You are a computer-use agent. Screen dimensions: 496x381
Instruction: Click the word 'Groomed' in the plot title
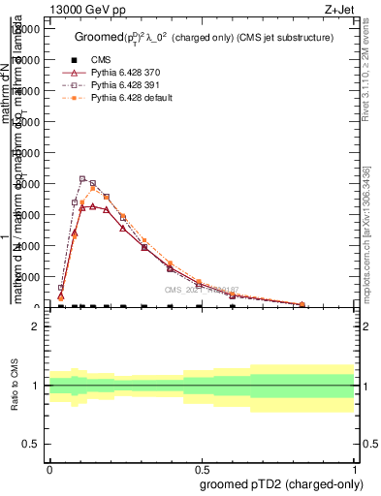(97, 37)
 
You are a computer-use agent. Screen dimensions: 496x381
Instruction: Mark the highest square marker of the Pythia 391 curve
(82, 178)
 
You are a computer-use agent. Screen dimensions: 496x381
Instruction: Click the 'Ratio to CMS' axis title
(15, 386)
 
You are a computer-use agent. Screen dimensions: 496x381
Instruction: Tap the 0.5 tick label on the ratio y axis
(30, 444)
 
